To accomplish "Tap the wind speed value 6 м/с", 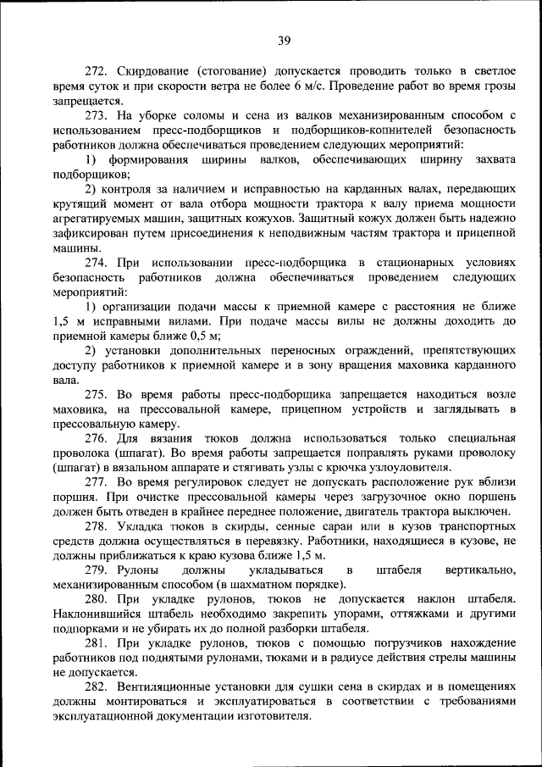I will pos(309,86).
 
